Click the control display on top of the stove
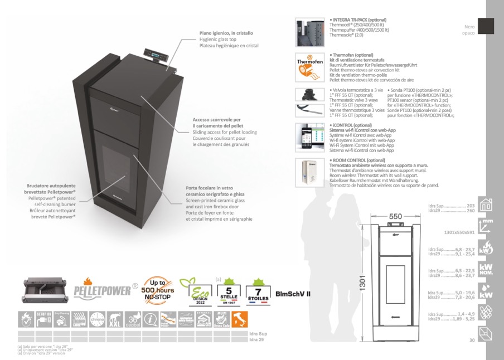[154, 53]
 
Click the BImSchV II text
[293, 294]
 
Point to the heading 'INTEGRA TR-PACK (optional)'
[358, 20]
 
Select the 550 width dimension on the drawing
[395, 216]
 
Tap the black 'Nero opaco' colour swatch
[486, 26]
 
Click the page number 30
[472, 340]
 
